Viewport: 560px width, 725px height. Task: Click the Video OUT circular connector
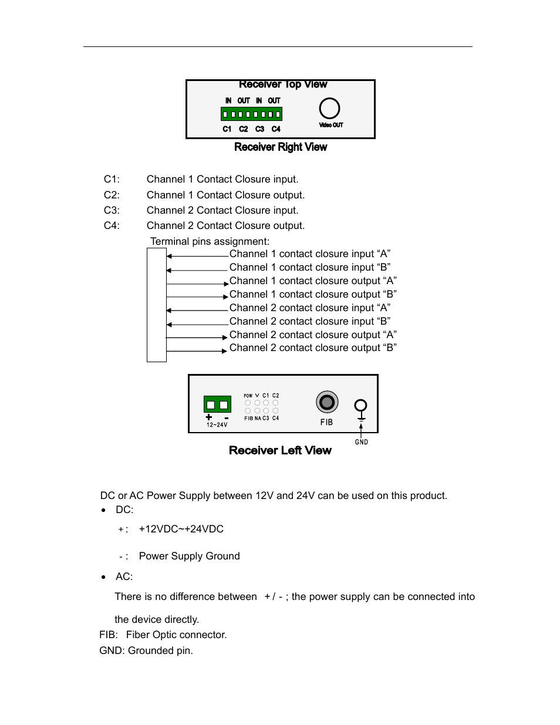329,109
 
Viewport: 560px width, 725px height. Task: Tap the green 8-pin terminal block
251,114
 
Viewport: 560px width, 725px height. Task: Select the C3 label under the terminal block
259,129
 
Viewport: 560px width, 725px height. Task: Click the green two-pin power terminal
217,404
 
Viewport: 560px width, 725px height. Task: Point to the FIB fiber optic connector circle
327,402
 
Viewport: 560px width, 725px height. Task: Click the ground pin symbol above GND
361,406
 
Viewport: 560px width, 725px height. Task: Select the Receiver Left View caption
280,450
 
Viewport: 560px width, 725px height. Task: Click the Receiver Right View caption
280,147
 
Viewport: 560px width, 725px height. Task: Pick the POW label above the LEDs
248,396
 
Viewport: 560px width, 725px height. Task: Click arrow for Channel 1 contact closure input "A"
197,256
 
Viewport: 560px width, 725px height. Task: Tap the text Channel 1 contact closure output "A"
312,281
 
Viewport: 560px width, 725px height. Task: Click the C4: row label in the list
112,225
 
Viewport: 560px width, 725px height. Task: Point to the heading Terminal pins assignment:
210,241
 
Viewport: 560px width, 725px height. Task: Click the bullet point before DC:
104,510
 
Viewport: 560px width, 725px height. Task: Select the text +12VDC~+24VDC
181,529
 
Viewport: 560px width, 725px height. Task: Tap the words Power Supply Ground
189,556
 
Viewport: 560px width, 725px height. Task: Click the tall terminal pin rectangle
157,305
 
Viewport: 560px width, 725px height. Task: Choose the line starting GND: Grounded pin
146,650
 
